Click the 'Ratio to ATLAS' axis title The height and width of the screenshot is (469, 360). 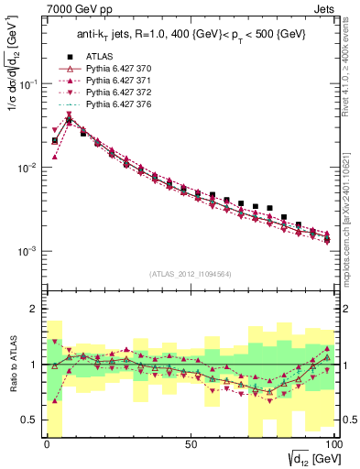click(x=11, y=364)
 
